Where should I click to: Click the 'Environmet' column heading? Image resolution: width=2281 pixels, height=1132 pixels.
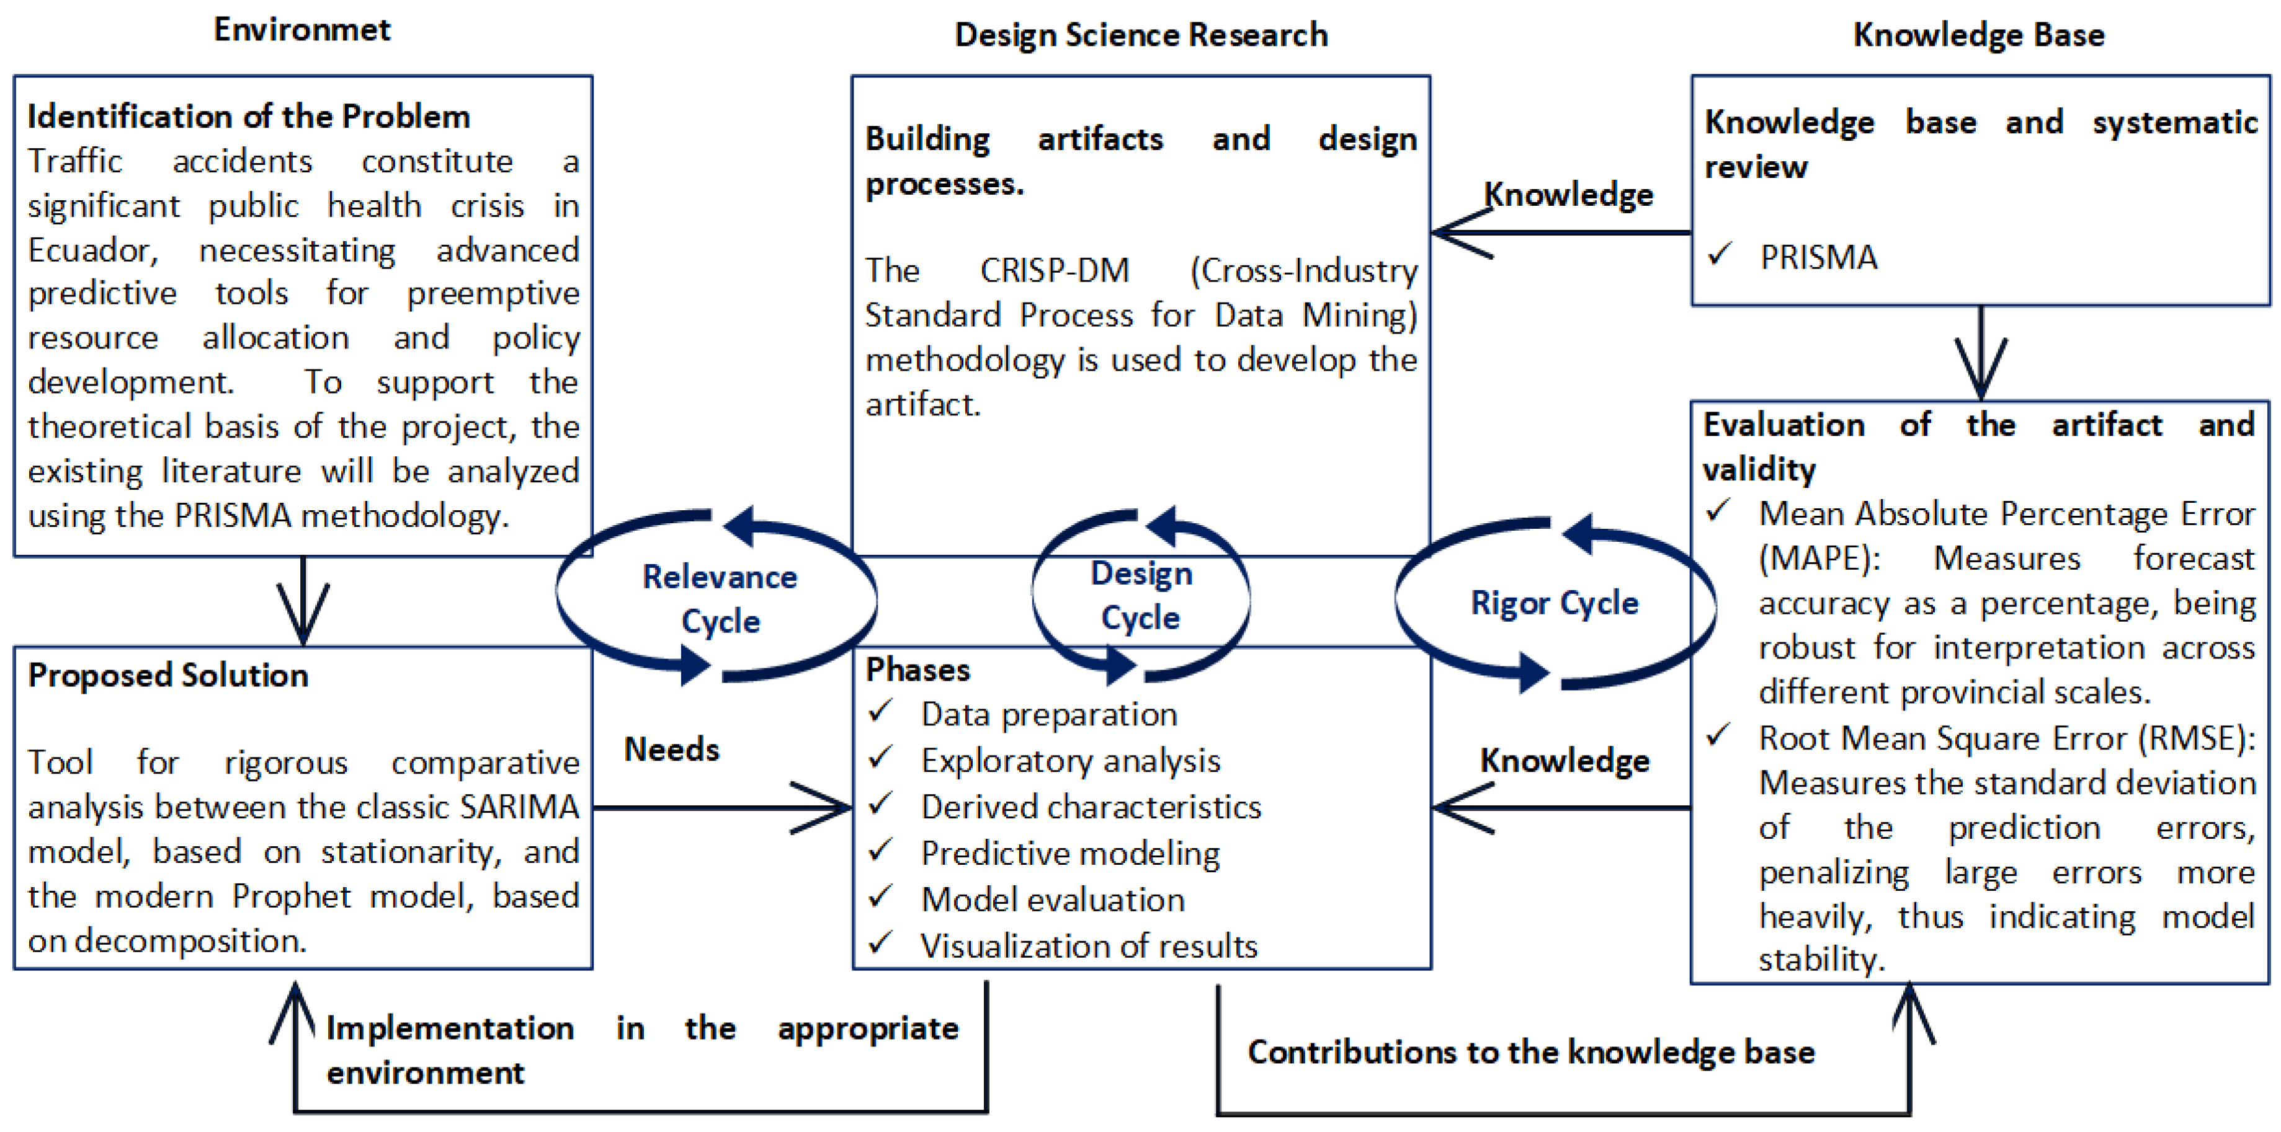(x=302, y=30)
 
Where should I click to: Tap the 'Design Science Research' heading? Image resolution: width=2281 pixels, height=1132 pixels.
(x=1140, y=35)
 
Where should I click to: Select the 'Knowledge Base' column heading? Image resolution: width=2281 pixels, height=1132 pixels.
(x=1978, y=35)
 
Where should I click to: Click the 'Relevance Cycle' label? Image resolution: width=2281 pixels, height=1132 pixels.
(x=719, y=598)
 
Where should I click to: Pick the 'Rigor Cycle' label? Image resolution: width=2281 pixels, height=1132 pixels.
(x=1554, y=603)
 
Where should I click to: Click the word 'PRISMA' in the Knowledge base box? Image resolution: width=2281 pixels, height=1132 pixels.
(x=1818, y=257)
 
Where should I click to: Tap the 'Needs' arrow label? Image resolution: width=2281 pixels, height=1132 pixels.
(x=671, y=750)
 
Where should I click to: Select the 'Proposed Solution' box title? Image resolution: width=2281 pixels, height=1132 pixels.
(x=168, y=675)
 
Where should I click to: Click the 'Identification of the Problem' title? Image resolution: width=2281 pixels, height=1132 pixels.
(x=249, y=117)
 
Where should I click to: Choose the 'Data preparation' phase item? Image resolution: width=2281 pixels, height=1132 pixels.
(x=1048, y=714)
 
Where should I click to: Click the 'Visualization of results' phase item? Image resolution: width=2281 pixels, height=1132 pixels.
(x=1088, y=946)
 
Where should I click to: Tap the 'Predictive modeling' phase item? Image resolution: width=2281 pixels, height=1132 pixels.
(x=1069, y=853)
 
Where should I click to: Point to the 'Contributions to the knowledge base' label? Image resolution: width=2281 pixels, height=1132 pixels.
(x=1531, y=1051)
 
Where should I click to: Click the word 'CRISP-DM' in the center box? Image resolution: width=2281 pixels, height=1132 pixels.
(x=1054, y=270)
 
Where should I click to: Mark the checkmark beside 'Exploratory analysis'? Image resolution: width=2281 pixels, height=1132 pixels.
(x=880, y=759)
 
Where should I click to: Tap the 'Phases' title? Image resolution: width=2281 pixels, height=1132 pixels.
(x=917, y=670)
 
